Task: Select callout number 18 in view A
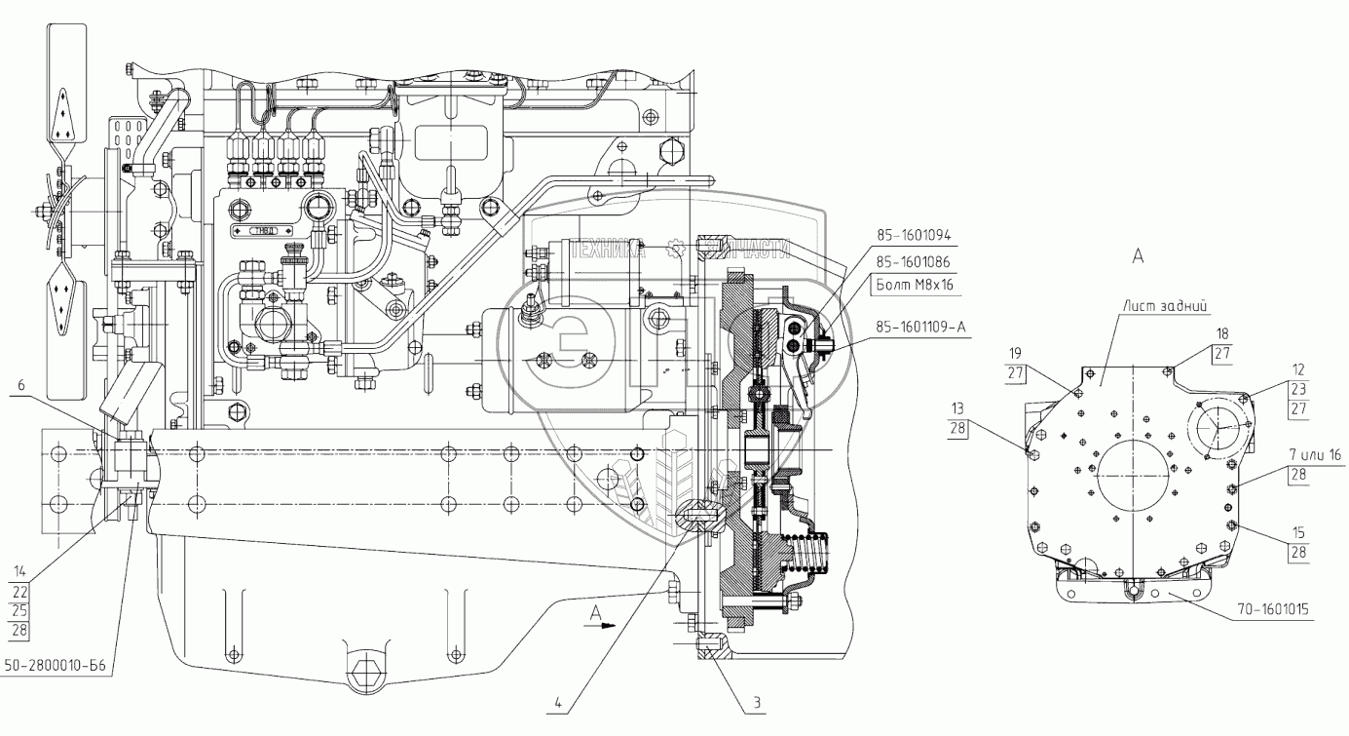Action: tap(1221, 333)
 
